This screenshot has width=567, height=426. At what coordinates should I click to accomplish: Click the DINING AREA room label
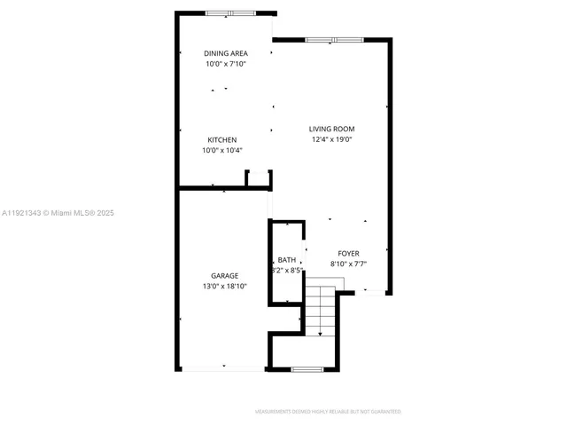click(226, 53)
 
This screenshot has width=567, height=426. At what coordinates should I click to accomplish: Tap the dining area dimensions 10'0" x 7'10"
click(226, 64)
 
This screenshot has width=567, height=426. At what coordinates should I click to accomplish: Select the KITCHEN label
click(222, 140)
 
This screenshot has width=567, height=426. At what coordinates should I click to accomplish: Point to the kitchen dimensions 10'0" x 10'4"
click(222, 151)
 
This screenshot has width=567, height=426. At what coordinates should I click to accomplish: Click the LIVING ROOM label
click(332, 129)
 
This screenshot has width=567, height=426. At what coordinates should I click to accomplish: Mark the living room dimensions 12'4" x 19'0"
click(332, 139)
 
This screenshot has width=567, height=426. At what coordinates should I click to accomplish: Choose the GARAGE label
click(224, 276)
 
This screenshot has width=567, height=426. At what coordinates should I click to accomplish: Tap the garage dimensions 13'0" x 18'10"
click(224, 287)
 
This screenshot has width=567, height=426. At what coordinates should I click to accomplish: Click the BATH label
click(286, 260)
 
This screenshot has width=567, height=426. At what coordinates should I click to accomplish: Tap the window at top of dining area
click(229, 13)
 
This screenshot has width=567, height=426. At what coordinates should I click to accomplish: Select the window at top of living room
click(334, 40)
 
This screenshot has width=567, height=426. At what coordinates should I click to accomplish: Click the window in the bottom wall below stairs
click(306, 368)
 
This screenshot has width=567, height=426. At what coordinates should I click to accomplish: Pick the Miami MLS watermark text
click(58, 213)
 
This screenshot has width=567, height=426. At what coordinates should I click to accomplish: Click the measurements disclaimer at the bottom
click(328, 412)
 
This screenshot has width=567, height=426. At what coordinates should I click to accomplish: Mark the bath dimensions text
click(288, 270)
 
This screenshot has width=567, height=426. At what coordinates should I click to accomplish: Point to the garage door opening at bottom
click(223, 367)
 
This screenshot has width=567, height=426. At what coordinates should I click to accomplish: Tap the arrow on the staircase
click(319, 330)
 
